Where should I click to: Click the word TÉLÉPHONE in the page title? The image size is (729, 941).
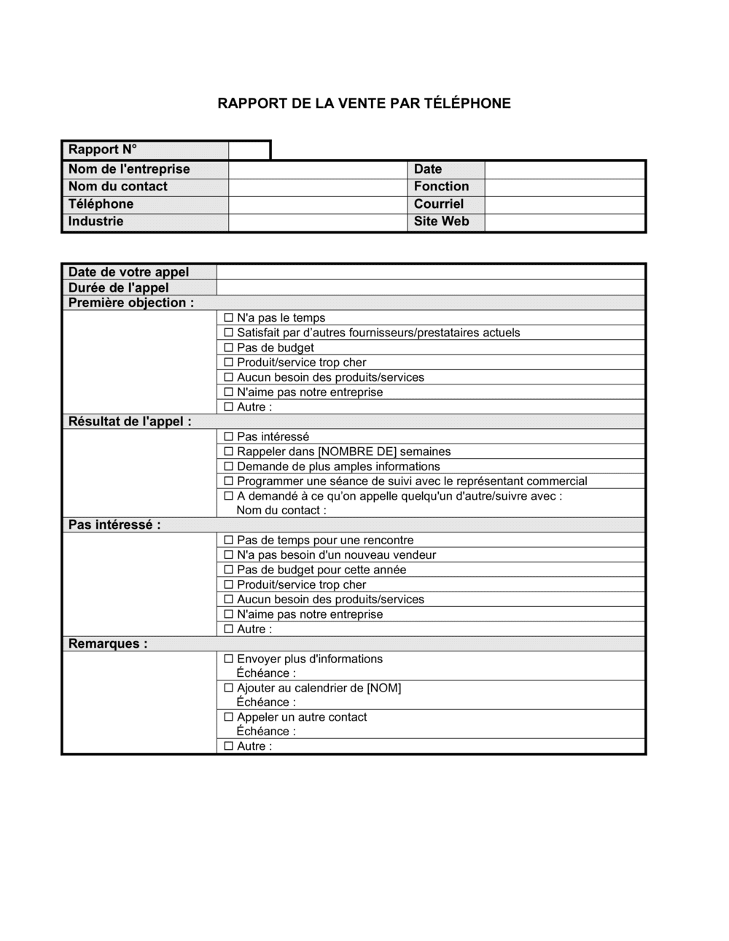(x=467, y=104)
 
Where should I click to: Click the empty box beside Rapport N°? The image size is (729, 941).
(x=249, y=150)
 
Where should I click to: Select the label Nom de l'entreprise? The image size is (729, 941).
(x=129, y=169)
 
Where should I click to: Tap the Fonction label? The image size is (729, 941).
(x=441, y=187)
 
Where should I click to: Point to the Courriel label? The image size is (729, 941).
(x=438, y=204)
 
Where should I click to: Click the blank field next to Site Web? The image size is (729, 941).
(x=564, y=222)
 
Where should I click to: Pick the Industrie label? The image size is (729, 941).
(x=95, y=222)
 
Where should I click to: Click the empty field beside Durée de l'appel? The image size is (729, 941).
(x=430, y=288)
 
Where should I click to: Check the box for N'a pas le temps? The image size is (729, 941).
(x=229, y=318)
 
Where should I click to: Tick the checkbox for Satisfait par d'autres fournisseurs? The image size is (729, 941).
(x=229, y=333)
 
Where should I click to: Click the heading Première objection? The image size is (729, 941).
(x=131, y=303)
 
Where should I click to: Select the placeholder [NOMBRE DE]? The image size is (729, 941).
(x=357, y=452)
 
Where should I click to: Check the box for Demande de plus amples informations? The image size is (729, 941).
(x=229, y=466)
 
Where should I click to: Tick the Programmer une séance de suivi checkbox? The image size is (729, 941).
(x=229, y=481)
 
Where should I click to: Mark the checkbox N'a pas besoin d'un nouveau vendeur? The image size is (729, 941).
(x=229, y=555)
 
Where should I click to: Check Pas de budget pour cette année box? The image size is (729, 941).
(x=229, y=570)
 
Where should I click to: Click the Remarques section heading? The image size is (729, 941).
(x=108, y=644)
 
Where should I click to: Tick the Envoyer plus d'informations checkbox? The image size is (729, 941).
(x=229, y=659)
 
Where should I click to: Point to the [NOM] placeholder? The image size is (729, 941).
(x=383, y=688)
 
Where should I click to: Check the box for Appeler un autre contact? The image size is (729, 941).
(x=229, y=717)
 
